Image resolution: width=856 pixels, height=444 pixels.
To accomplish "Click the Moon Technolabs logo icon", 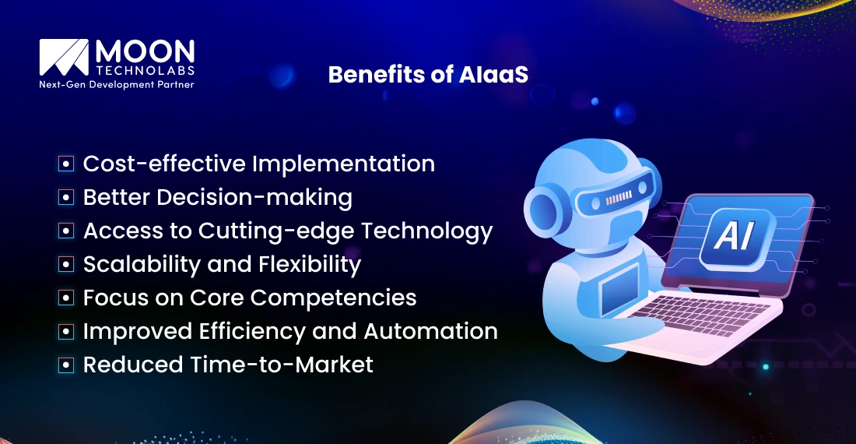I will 65,58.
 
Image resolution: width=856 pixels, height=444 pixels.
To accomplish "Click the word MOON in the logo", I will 144,52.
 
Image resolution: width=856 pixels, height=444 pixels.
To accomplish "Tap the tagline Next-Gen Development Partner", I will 116,84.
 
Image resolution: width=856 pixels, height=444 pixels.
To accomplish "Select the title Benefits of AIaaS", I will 428,74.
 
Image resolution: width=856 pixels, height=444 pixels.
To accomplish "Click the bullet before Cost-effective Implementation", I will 67,164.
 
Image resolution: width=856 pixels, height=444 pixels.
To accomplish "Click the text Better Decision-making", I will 217,197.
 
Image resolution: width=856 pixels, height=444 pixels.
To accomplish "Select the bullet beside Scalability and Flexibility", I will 67,265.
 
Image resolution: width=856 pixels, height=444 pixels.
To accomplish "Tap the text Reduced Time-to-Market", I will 228,364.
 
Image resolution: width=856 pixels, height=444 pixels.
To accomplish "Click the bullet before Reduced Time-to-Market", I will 67,365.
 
